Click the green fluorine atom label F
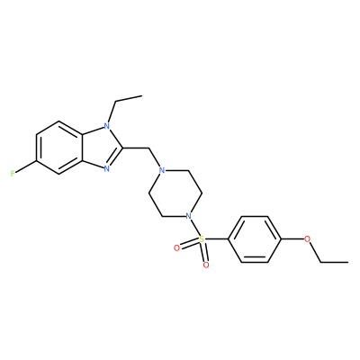(13, 174)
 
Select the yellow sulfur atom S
(202, 239)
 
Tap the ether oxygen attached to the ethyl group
(307, 239)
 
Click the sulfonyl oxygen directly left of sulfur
(176, 247)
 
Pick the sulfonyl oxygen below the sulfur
(206, 265)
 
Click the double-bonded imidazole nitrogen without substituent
(106, 169)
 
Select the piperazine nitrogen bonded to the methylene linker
(162, 171)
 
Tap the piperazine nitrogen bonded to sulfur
(188, 216)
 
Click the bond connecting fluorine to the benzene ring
(26, 167)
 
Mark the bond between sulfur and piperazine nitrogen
(195, 228)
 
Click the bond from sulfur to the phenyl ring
(216, 239)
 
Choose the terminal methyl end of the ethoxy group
(348, 262)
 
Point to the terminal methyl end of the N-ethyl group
(141, 96)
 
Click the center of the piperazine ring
(175, 193)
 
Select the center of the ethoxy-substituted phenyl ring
(255, 239)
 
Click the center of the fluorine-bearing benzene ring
(59, 148)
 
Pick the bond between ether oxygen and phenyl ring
(292, 239)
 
